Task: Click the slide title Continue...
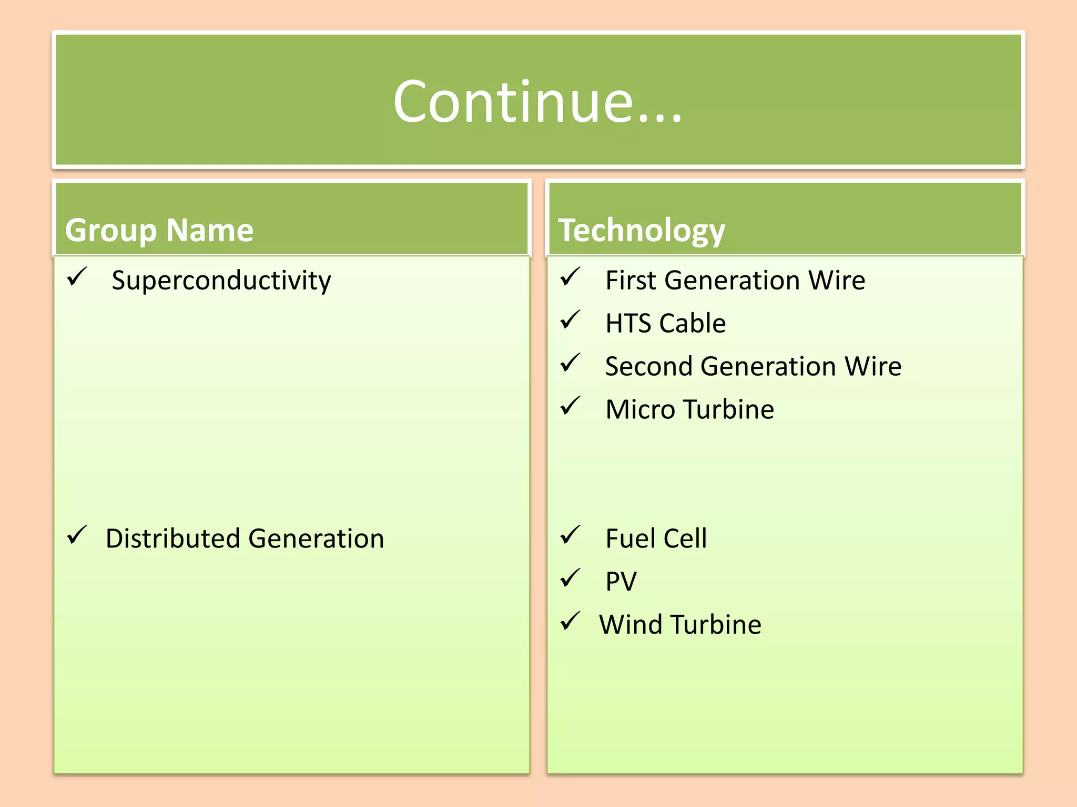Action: click(x=537, y=101)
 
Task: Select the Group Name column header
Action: click(x=159, y=230)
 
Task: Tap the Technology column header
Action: click(x=642, y=230)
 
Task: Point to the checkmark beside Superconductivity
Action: click(x=77, y=276)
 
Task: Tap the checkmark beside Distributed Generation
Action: click(x=77, y=535)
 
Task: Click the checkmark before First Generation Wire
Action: click(x=570, y=276)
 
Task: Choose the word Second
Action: click(x=648, y=366)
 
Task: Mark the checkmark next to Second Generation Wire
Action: click(x=570, y=363)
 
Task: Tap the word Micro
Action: click(x=640, y=409)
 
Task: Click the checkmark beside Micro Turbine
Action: click(x=570, y=406)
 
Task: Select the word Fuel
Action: click(x=629, y=539)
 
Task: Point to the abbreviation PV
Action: click(x=621, y=582)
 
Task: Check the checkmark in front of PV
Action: click(x=570, y=578)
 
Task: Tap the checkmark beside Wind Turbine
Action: click(x=570, y=621)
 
